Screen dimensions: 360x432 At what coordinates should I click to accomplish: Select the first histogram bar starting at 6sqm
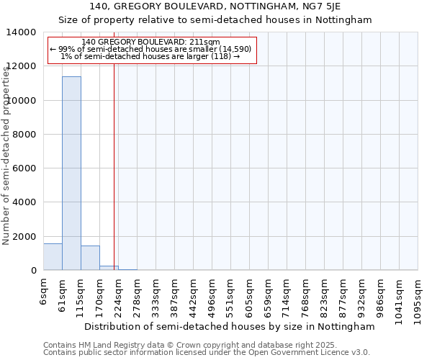(x=53, y=257)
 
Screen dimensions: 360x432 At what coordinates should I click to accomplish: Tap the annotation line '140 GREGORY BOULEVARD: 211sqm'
(x=150, y=42)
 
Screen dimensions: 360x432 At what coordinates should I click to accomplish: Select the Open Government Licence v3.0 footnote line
(x=207, y=353)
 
